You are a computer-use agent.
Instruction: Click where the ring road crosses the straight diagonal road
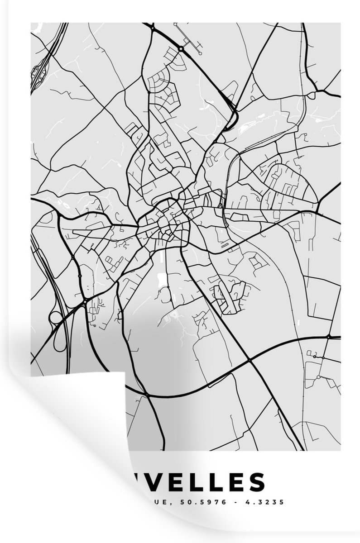(250, 360)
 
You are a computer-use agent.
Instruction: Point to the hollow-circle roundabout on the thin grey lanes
(318, 376)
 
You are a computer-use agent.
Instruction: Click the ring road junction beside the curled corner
(147, 396)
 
